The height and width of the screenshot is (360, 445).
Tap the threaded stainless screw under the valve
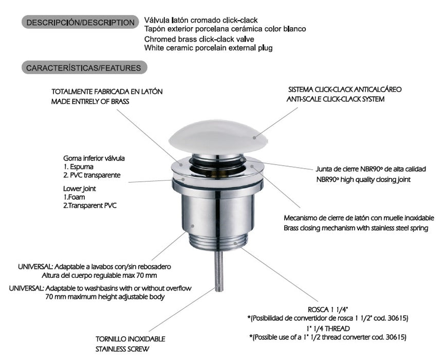click(x=218, y=272)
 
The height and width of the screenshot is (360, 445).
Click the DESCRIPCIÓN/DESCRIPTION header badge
click(x=80, y=22)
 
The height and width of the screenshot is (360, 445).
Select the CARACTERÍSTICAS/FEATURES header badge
click(x=84, y=67)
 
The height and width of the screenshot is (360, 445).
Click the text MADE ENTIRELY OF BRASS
click(x=90, y=101)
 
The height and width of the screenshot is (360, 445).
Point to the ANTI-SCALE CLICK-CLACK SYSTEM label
click(x=336, y=99)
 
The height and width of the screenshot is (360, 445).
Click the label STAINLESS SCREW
click(x=122, y=349)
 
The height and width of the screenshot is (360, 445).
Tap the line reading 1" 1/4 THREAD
click(x=328, y=329)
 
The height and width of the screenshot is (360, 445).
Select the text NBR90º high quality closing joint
click(x=363, y=179)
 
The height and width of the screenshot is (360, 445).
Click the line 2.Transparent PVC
click(x=90, y=205)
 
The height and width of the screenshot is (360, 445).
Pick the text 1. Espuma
click(x=78, y=167)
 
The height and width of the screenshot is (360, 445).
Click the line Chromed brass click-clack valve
click(x=199, y=39)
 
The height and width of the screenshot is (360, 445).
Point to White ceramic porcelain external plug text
click(x=208, y=48)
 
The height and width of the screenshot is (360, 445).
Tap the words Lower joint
click(x=80, y=189)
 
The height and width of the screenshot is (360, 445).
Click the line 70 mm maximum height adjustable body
click(x=105, y=297)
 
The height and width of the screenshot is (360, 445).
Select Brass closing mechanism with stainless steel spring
click(x=356, y=228)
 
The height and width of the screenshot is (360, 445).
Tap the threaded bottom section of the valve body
click(x=218, y=241)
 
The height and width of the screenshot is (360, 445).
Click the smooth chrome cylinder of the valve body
click(x=218, y=212)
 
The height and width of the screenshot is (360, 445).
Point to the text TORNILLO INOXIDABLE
click(x=131, y=339)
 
